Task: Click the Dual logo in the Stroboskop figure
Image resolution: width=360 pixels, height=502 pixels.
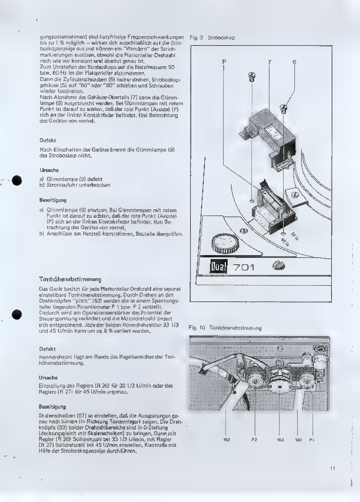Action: click(x=219, y=267)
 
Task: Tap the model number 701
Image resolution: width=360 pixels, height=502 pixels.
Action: click(x=244, y=267)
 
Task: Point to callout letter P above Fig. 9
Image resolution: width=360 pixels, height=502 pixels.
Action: click(x=224, y=62)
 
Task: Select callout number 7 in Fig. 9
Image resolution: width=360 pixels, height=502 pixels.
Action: click(x=269, y=62)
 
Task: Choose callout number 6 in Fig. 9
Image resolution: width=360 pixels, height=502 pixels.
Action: click(x=294, y=62)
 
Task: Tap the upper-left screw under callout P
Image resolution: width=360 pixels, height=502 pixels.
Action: click(x=252, y=78)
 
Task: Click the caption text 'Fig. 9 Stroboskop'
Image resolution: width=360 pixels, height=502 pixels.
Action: click(x=212, y=37)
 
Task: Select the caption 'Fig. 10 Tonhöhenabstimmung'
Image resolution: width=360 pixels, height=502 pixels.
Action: click(x=225, y=328)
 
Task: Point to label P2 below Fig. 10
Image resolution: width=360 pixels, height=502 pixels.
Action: click(x=254, y=440)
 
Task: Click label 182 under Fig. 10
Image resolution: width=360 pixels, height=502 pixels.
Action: click(x=226, y=440)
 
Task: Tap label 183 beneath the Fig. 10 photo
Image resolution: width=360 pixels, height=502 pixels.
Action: click(x=280, y=440)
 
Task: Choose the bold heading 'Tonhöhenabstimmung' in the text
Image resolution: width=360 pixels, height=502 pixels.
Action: click(x=70, y=279)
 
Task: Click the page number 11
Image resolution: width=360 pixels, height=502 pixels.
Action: click(x=332, y=468)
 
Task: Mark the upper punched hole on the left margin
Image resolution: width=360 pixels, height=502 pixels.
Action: click(x=17, y=181)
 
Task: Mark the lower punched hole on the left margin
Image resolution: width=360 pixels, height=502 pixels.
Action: click(x=17, y=314)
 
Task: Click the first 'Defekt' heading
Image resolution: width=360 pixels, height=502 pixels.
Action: click(x=48, y=140)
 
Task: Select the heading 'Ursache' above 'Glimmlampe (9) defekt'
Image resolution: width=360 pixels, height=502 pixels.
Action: click(x=49, y=170)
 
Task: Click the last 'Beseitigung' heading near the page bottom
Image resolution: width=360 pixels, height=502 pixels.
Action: click(x=52, y=407)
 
